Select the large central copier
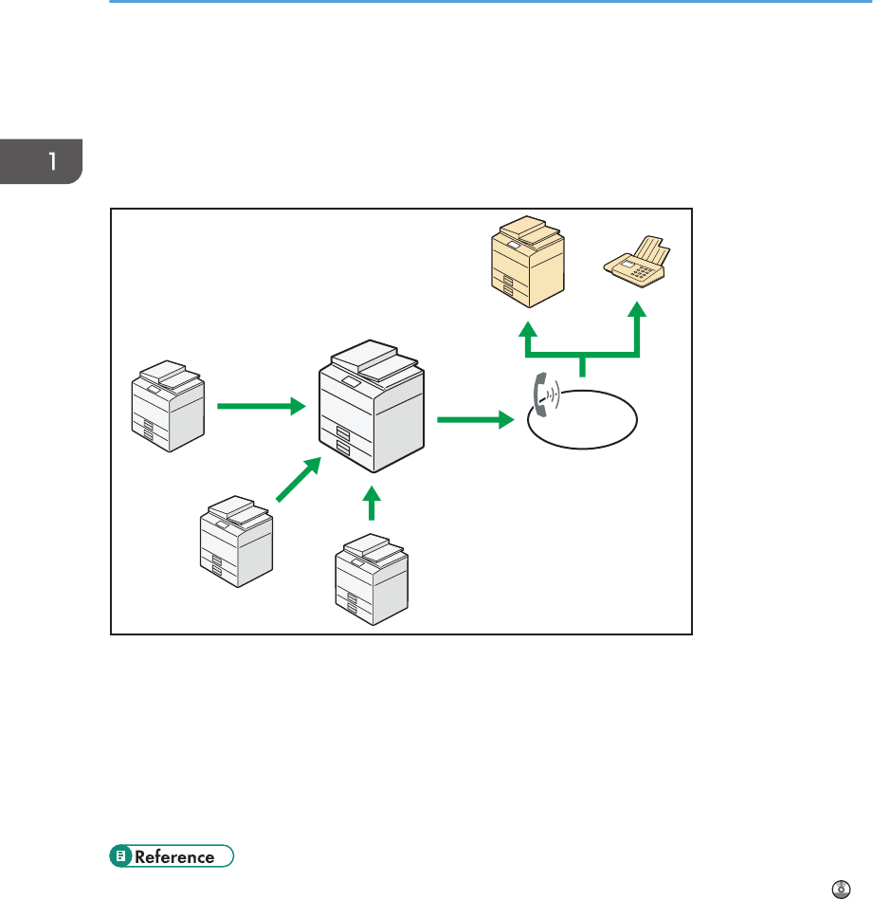373,409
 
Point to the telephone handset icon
543,395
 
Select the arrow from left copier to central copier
261,406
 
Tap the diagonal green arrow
297,477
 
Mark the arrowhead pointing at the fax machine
638,312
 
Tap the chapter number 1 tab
42,161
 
